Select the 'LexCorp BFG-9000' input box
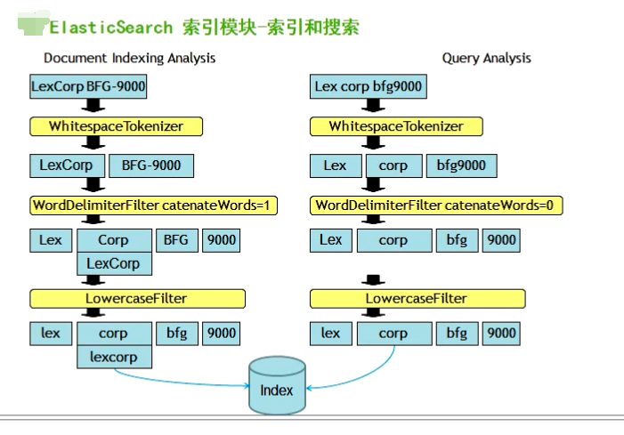click(88, 86)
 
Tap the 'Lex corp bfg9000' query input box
click(369, 86)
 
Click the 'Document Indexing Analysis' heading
click(130, 58)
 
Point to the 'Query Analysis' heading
click(486, 58)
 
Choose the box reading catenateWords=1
click(154, 205)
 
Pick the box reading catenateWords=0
click(437, 205)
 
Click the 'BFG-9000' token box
click(151, 165)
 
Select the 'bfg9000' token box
click(461, 165)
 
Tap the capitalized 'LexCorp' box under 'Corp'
click(113, 263)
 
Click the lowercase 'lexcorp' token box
click(113, 357)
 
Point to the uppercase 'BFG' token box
click(176, 240)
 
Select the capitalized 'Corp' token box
click(113, 240)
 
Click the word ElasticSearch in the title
click(110, 27)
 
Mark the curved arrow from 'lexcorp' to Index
click(178, 381)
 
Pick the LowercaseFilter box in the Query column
click(416, 298)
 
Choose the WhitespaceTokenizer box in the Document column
click(116, 126)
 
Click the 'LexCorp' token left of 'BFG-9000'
click(66, 165)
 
